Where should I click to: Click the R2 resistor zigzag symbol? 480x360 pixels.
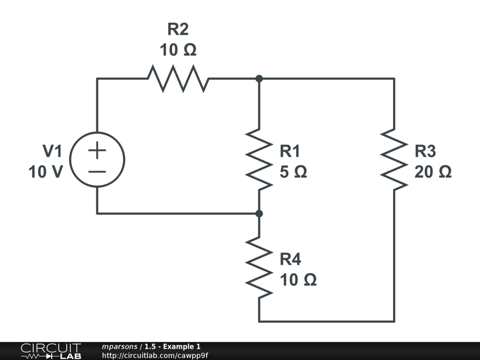[x=178, y=79]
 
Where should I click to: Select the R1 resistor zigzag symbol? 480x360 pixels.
[x=259, y=159]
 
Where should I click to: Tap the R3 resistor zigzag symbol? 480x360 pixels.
[x=394, y=159]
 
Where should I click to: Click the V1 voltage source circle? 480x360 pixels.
[x=97, y=160]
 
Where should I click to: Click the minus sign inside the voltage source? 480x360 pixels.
[x=97, y=171]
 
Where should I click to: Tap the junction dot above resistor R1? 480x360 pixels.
[x=259, y=79]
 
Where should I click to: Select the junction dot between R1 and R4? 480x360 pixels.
[x=259, y=214]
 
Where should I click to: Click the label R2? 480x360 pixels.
[x=178, y=30]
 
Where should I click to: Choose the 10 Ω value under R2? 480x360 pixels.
[x=178, y=50]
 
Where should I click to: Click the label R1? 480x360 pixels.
[x=290, y=151]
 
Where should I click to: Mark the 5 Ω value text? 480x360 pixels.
[x=293, y=172]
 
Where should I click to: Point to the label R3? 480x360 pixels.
[x=425, y=151]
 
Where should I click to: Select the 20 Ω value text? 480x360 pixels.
[x=433, y=172]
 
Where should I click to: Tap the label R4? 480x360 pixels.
[x=290, y=259]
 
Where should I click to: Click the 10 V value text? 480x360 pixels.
[x=45, y=172]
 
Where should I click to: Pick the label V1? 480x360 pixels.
[x=52, y=151]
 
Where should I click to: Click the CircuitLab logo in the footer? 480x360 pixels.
[x=51, y=351]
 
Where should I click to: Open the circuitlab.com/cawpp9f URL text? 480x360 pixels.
[x=155, y=355]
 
